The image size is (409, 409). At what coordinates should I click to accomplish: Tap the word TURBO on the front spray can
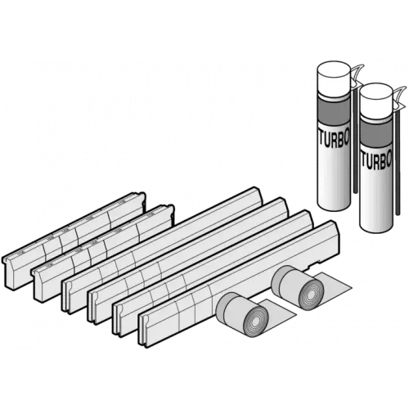tap(376, 163)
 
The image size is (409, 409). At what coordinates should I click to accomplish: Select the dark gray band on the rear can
tap(334, 112)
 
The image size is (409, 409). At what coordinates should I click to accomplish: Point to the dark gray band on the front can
tap(376, 133)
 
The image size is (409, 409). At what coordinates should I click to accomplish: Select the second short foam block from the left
tap(102, 254)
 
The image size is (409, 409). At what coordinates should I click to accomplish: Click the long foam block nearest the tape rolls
tap(239, 284)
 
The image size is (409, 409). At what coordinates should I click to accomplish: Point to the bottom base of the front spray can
tap(377, 222)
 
